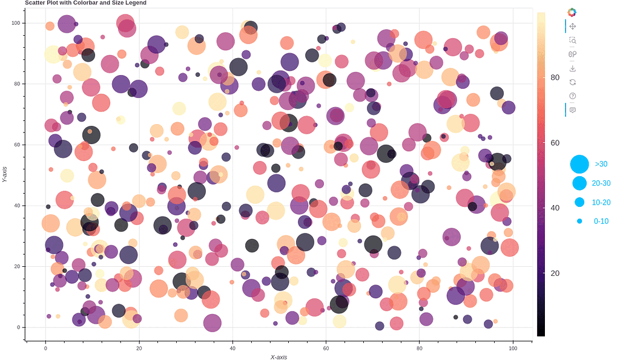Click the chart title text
[85, 3]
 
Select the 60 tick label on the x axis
[326, 349]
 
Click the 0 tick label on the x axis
[45, 349]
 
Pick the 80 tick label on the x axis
[420, 349]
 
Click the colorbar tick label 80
[555, 77]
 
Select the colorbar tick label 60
[555, 142]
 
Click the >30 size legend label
[601, 164]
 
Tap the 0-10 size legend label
[601, 221]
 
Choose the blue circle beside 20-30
[579, 183]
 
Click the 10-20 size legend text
[601, 203]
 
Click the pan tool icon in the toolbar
[572, 26]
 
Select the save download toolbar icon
[572, 68]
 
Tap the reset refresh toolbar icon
[572, 82]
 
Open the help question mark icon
[572, 96]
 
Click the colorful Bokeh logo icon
[572, 11]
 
